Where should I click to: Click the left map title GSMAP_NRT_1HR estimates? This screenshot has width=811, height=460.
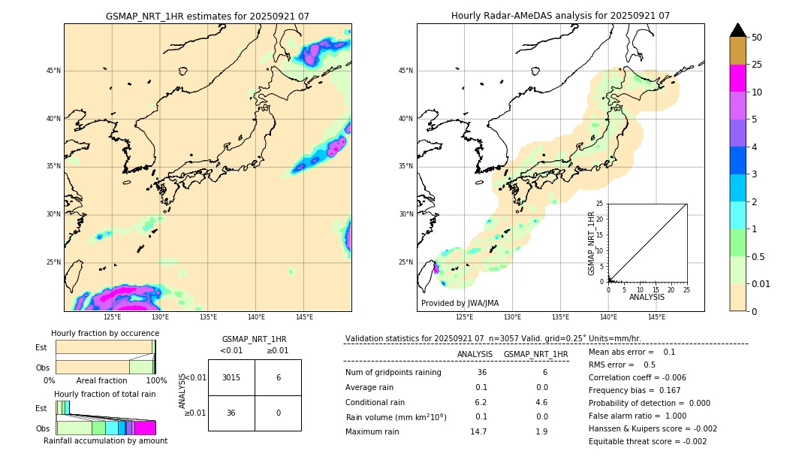pos(207,16)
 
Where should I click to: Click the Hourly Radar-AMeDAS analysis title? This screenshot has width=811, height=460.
pos(560,16)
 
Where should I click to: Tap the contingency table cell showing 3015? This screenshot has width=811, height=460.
pos(231,377)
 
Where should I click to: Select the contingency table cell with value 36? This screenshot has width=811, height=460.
pos(231,413)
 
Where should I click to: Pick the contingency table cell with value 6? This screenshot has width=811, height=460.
pos(278,377)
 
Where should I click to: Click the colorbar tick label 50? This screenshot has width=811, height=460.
pos(757,38)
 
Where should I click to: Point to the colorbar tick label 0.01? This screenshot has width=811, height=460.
pos(761,283)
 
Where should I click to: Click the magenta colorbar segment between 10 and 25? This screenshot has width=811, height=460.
pos(737,78)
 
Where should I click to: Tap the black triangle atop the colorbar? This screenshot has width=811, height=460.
pos(737,30)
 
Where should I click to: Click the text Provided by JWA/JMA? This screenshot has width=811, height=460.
pos(460,303)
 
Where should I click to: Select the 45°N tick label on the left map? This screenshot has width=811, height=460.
pos(53,71)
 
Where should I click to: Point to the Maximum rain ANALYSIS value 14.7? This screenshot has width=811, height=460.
pos(479,431)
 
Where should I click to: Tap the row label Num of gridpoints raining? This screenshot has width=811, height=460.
pos(393,373)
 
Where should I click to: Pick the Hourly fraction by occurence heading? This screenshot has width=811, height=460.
pos(105,333)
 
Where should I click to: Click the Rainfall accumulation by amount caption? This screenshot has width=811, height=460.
pos(105,440)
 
